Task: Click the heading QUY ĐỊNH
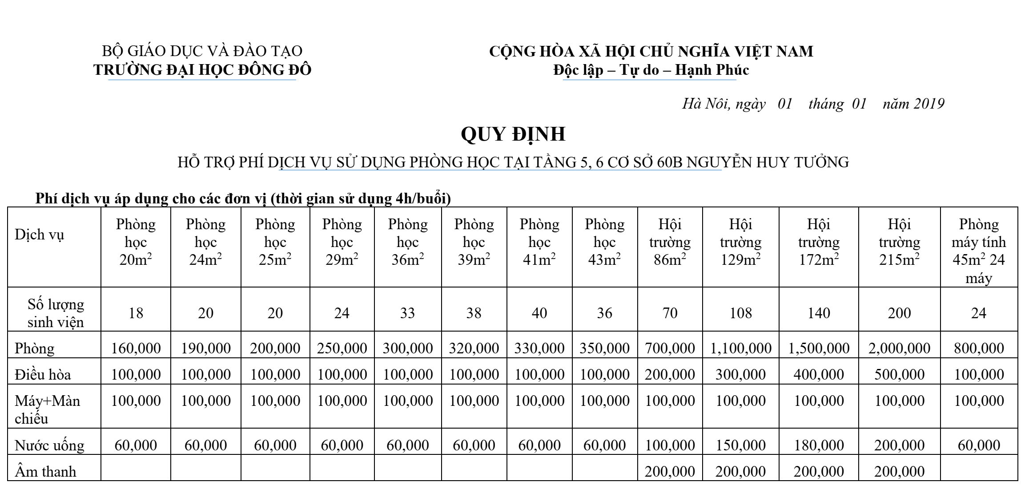point(513,134)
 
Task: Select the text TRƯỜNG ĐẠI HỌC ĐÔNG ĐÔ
point(202,70)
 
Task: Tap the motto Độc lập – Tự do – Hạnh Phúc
point(651,70)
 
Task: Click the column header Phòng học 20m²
point(136,242)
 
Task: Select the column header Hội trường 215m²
point(899,242)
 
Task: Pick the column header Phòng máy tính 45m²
point(978,251)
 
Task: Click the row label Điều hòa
point(43,375)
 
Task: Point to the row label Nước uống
point(49,445)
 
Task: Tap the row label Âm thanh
point(45,472)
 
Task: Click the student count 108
point(740,313)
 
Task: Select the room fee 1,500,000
point(818,348)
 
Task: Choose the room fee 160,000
point(136,348)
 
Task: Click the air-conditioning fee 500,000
point(899,375)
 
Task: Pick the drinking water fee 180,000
point(818,445)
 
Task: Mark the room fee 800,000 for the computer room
point(978,348)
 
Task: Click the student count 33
point(407,313)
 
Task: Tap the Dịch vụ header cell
point(39,235)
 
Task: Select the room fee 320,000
point(474,348)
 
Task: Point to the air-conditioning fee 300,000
point(740,375)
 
